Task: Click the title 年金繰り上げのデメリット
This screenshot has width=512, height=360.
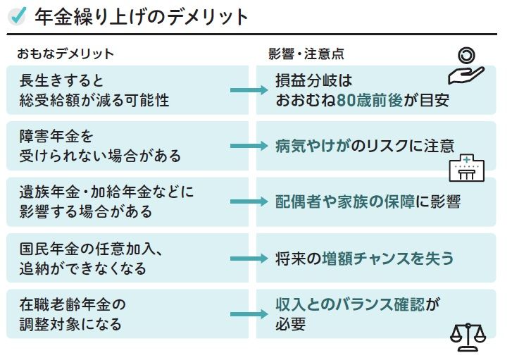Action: point(141,17)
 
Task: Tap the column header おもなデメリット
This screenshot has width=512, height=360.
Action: point(65,54)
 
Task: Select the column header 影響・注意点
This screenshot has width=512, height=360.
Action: point(306,54)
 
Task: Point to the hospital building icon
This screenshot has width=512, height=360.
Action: point(467,168)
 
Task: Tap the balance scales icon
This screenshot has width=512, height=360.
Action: point(468,337)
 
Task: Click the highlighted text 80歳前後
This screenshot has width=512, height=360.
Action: point(370,100)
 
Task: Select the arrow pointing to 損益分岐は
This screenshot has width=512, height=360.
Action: point(249,90)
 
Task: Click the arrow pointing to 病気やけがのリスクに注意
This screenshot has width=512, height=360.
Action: point(249,146)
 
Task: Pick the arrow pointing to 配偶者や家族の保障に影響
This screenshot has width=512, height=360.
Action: point(249,201)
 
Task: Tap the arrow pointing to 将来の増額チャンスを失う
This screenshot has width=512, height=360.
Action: point(249,259)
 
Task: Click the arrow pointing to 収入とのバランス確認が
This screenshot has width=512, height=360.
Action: point(249,314)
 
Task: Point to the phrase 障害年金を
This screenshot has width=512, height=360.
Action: point(56,136)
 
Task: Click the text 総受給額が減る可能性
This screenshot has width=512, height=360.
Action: point(94,100)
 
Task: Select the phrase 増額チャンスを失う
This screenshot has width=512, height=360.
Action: point(388,259)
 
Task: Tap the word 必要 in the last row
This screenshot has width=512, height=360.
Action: point(290,324)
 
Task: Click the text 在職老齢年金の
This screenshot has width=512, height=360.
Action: point(73,304)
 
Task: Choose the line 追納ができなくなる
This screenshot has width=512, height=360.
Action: point(82,268)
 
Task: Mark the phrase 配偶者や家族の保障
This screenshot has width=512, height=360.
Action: point(345,201)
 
